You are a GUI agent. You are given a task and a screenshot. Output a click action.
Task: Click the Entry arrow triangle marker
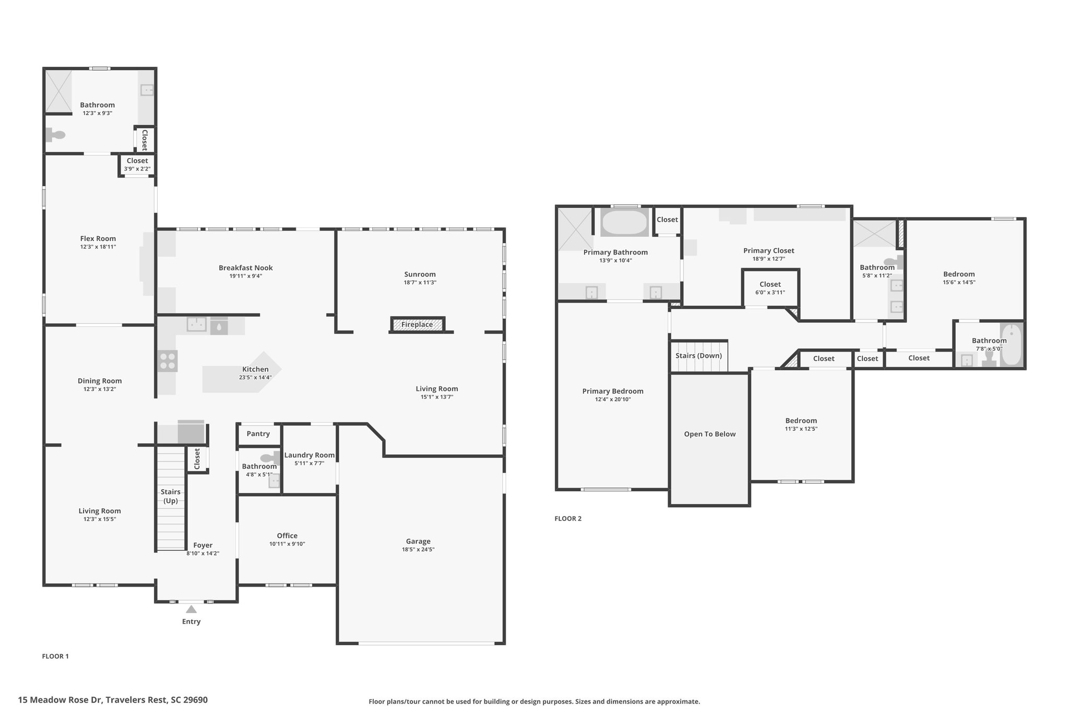(x=192, y=609)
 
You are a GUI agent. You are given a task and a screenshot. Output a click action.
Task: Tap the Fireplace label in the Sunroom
(x=417, y=324)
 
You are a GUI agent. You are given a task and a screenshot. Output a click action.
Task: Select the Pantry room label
(x=258, y=433)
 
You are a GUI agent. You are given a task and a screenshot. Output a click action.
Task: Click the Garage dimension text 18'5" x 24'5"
(x=418, y=549)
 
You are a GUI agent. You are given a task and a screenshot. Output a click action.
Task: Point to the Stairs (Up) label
(x=171, y=496)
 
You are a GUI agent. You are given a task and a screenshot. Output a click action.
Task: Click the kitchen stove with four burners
(x=168, y=361)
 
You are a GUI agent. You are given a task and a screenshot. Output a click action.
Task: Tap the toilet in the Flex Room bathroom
(x=55, y=135)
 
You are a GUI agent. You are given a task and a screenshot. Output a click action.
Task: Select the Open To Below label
(x=710, y=434)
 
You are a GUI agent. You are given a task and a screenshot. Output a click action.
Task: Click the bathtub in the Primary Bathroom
(x=624, y=223)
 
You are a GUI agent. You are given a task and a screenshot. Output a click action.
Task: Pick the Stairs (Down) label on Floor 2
(x=698, y=356)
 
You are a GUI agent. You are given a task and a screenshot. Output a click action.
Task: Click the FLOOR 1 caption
(x=55, y=656)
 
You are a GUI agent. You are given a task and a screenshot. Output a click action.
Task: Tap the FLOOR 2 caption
(x=568, y=518)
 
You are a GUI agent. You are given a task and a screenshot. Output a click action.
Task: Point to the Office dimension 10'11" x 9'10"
(x=287, y=544)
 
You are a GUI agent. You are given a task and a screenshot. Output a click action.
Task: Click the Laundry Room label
(x=310, y=455)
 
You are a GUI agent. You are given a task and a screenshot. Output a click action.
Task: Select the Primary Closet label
(x=769, y=251)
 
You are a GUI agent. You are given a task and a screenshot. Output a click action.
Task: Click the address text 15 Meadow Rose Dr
(x=61, y=700)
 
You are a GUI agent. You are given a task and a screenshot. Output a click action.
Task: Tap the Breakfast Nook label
(x=246, y=268)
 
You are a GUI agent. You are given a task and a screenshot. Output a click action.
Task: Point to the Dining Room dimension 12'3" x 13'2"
(x=100, y=389)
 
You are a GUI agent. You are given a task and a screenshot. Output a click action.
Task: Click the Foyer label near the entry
(x=203, y=545)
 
